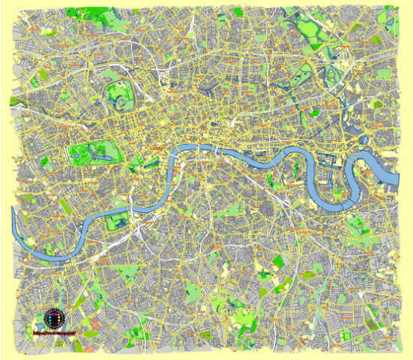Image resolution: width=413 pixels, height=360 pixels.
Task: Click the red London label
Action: (157, 148)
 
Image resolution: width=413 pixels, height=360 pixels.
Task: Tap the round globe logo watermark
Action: (53, 316)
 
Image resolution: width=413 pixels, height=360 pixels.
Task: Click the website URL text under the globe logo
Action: (54, 331)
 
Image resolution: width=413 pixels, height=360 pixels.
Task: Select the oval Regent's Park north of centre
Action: (118, 95)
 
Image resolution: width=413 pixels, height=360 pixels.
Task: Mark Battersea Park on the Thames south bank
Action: (116, 221)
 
